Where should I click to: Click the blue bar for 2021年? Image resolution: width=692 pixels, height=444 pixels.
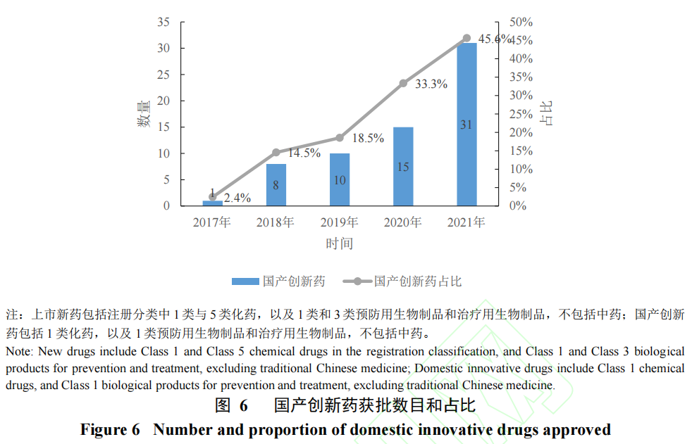[x=467, y=125]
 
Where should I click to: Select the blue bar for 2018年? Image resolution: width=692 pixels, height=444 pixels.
[x=276, y=185]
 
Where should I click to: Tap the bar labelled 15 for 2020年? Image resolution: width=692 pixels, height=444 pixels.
[x=403, y=167]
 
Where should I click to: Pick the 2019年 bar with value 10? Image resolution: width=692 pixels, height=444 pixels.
[x=340, y=179]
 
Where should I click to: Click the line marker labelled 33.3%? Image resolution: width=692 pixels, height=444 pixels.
[x=403, y=83]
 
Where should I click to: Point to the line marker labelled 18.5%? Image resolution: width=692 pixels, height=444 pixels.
[x=340, y=138]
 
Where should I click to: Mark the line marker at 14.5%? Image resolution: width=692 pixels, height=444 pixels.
[x=276, y=152]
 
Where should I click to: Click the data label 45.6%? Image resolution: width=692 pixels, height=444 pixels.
[x=495, y=39]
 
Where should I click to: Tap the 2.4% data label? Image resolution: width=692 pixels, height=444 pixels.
[x=237, y=198]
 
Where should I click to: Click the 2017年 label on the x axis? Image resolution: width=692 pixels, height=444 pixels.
[x=212, y=222]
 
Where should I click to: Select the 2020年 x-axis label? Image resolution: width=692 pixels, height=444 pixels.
[x=403, y=222]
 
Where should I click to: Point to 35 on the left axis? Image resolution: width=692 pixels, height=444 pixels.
[x=163, y=22]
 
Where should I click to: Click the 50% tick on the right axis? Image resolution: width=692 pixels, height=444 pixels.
[x=521, y=22]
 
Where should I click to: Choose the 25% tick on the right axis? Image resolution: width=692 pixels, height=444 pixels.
[x=521, y=114]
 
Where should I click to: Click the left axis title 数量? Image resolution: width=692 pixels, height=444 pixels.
[x=143, y=114]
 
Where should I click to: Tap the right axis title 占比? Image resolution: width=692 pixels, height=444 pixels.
[x=546, y=113]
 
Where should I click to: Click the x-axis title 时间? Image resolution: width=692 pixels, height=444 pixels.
[x=339, y=243]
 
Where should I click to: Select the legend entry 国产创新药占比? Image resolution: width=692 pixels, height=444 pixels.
[x=418, y=281]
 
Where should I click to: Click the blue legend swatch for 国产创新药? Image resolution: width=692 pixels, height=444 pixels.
[x=245, y=281]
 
